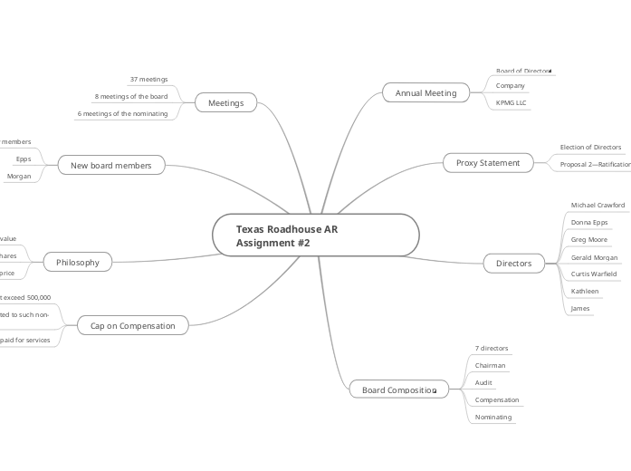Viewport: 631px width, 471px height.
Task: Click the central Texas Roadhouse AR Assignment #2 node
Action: (315, 236)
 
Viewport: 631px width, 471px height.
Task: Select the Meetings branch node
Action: (226, 102)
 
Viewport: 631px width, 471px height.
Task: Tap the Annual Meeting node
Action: (425, 92)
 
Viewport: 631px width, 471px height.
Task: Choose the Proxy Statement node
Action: (487, 163)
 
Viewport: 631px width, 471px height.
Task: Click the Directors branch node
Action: (513, 263)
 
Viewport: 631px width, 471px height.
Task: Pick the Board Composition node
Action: (398, 389)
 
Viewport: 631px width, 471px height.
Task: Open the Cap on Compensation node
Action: (133, 324)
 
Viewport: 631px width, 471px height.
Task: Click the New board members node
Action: (111, 165)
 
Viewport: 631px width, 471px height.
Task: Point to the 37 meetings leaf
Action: (148, 80)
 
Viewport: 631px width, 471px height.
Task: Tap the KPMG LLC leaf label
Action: (511, 102)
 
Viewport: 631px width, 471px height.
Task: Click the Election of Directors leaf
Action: (590, 147)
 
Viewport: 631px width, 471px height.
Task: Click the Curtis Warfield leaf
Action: (593, 274)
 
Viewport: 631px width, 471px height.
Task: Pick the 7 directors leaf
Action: (492, 349)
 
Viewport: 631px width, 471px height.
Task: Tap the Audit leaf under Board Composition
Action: (483, 383)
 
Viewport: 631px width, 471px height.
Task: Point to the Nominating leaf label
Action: (493, 418)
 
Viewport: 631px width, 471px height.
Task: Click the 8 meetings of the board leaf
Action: (131, 96)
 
